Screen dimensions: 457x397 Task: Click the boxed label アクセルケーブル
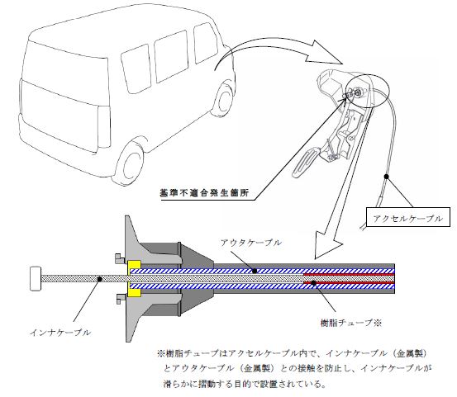[x=407, y=217]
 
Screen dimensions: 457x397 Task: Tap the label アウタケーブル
[x=251, y=243]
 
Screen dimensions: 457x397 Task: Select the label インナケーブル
[x=60, y=333]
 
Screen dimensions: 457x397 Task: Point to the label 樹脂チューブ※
[x=351, y=323]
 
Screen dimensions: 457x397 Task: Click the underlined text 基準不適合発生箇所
[x=204, y=193]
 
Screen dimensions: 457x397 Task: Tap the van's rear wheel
[x=131, y=164]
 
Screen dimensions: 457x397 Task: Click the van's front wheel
[x=225, y=100]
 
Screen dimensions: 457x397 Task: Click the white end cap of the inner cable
[x=36, y=278]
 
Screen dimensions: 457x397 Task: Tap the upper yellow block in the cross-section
[x=134, y=265]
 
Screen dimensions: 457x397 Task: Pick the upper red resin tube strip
[x=350, y=274]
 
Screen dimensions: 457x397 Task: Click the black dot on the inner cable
[x=99, y=279]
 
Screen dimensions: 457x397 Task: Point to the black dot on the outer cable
[x=255, y=271]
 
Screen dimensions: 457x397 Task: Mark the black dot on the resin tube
[x=313, y=282]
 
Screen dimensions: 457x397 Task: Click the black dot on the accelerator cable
[x=386, y=177]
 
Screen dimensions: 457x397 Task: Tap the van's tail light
[x=104, y=126]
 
